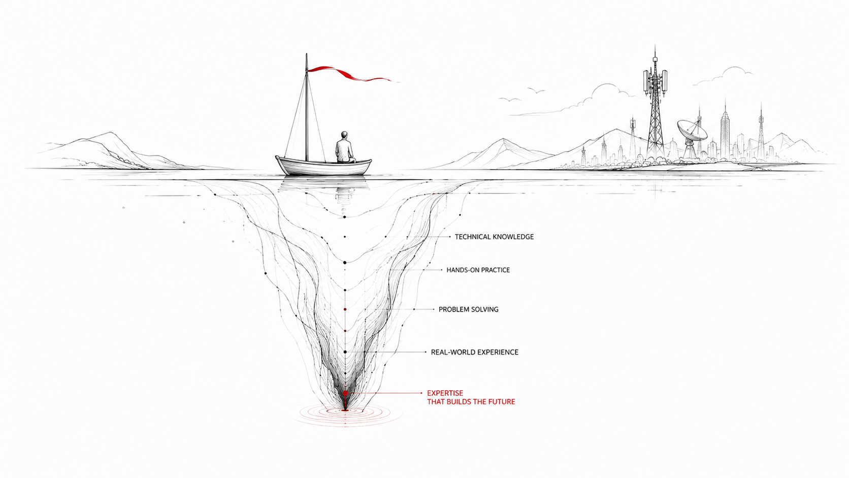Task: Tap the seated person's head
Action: coord(344,135)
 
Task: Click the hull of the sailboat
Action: coord(323,167)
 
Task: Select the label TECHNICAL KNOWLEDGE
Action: coord(494,237)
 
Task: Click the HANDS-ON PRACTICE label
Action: coord(478,270)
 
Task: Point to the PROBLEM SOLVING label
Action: coord(469,309)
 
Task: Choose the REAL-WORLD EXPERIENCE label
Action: coord(475,352)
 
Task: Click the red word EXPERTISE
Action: coord(445,393)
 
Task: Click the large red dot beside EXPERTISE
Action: coord(345,394)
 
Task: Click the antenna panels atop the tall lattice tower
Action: coord(655,82)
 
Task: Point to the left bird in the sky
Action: coord(510,100)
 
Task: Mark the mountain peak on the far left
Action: coord(110,133)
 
